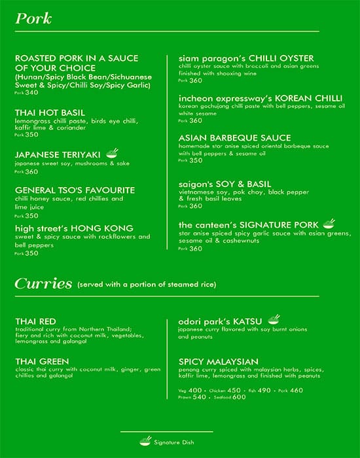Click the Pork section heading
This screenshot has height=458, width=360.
click(x=33, y=18)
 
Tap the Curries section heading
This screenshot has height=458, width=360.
click(x=43, y=283)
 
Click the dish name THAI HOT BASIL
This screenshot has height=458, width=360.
click(x=50, y=112)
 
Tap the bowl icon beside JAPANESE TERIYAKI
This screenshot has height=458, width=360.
click(x=112, y=153)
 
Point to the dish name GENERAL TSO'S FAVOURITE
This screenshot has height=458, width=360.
click(x=75, y=190)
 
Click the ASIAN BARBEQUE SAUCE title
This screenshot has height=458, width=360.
click(x=234, y=138)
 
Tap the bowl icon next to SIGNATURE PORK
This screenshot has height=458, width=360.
click(x=329, y=224)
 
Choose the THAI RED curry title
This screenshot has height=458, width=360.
click(x=37, y=321)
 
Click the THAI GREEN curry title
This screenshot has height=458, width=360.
click(x=43, y=361)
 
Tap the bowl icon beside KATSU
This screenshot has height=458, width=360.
click(x=274, y=320)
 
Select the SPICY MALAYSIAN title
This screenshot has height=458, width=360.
click(x=218, y=361)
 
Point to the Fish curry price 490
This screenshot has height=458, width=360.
click(x=264, y=390)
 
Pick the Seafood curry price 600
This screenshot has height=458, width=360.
click(x=239, y=396)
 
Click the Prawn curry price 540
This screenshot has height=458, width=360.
click(x=200, y=396)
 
